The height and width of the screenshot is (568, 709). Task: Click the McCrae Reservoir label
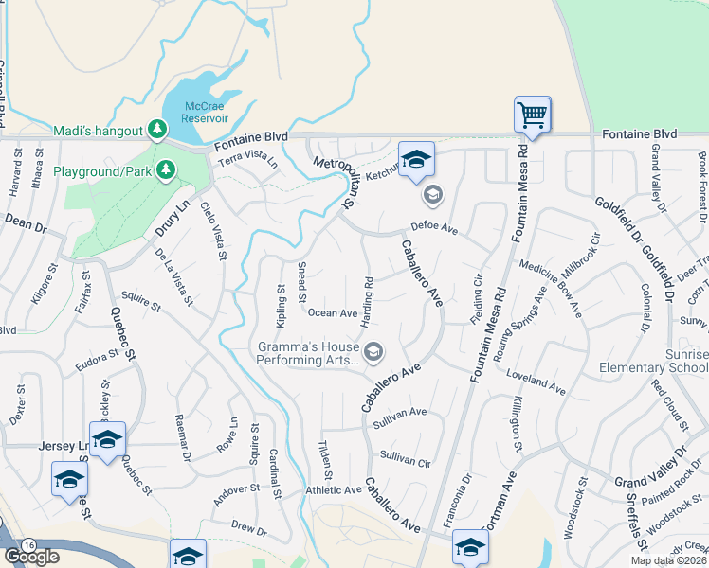point(207,113)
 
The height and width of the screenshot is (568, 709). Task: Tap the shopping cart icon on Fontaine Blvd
point(533,116)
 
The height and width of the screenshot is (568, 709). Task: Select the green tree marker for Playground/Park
point(166,169)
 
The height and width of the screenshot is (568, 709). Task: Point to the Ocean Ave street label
point(332,313)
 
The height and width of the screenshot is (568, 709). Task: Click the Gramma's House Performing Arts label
point(308,353)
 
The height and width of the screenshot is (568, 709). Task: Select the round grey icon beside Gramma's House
point(373,352)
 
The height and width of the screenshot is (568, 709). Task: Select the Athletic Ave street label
point(334,490)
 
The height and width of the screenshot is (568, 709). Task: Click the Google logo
point(31,556)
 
